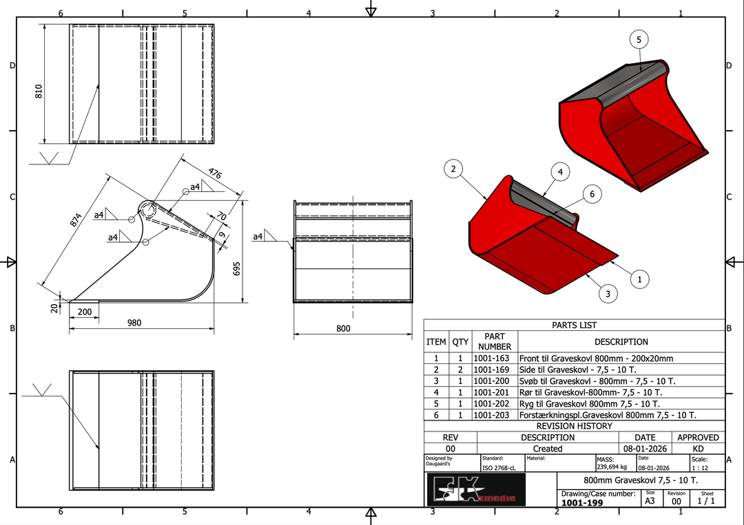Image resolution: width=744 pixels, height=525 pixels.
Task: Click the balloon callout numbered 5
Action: pos(639,40)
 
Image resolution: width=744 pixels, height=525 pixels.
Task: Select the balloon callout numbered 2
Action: pos(453,169)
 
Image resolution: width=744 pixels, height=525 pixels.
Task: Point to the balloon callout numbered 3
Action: pos(607,294)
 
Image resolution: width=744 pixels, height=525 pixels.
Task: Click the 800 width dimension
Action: pos(343,329)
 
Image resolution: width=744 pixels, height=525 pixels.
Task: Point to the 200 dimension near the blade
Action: pos(85,312)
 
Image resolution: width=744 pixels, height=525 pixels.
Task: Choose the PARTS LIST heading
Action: pos(574,325)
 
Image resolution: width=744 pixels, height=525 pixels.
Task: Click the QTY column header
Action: pos(460,341)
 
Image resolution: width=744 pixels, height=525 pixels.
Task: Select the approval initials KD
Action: pos(698,449)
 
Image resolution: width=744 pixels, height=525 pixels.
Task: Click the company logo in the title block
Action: pos(475,489)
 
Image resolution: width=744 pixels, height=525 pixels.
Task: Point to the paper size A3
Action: pos(650,502)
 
